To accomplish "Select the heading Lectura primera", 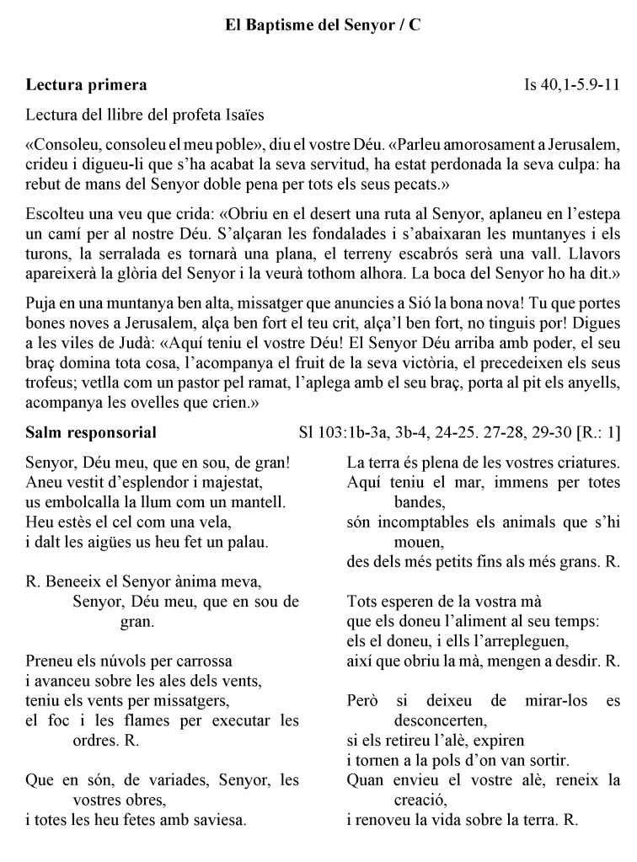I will [x=87, y=85].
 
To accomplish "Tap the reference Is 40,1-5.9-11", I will [x=571, y=85].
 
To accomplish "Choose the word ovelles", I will [x=153, y=403].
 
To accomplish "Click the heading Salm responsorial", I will [x=91, y=434].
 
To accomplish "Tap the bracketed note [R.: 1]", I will [x=598, y=434].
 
